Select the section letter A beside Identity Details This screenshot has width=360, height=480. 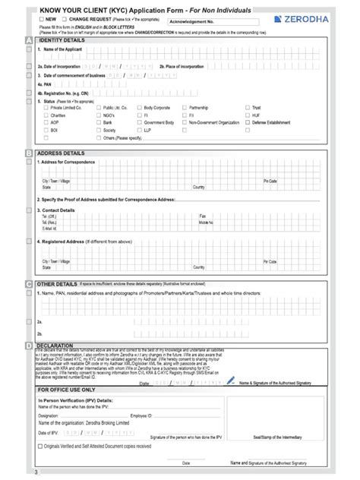pyautogui.click(x=29, y=39)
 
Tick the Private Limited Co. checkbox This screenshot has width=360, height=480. pyautogui.click(x=44, y=108)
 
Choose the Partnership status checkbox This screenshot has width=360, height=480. pyautogui.click(x=185, y=108)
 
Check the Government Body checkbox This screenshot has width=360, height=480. pyautogui.click(x=139, y=122)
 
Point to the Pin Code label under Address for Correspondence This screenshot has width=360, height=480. pyautogui.click(x=270, y=181)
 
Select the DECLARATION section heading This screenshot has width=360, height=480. pyautogui.click(x=54, y=344)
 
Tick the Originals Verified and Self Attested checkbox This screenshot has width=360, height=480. pyautogui.click(x=41, y=446)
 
